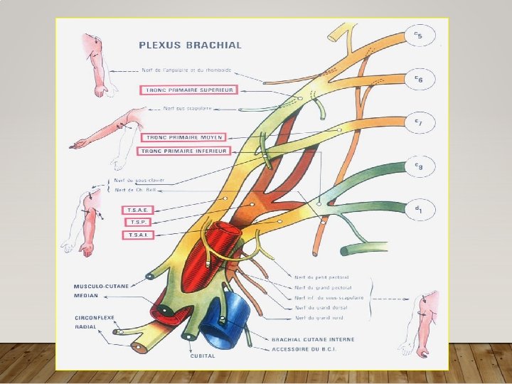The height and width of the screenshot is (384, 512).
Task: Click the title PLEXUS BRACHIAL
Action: [x=190, y=45]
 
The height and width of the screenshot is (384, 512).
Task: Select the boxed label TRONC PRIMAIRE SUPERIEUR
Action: [x=188, y=90]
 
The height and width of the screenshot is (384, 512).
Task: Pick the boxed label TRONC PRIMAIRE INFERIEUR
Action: [x=183, y=151]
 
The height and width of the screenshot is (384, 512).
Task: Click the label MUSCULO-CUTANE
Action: [x=100, y=286]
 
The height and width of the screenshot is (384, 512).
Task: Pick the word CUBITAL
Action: [x=203, y=356]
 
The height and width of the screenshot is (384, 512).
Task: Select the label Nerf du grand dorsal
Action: [x=319, y=307]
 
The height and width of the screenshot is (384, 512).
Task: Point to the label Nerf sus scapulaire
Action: [x=188, y=109]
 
